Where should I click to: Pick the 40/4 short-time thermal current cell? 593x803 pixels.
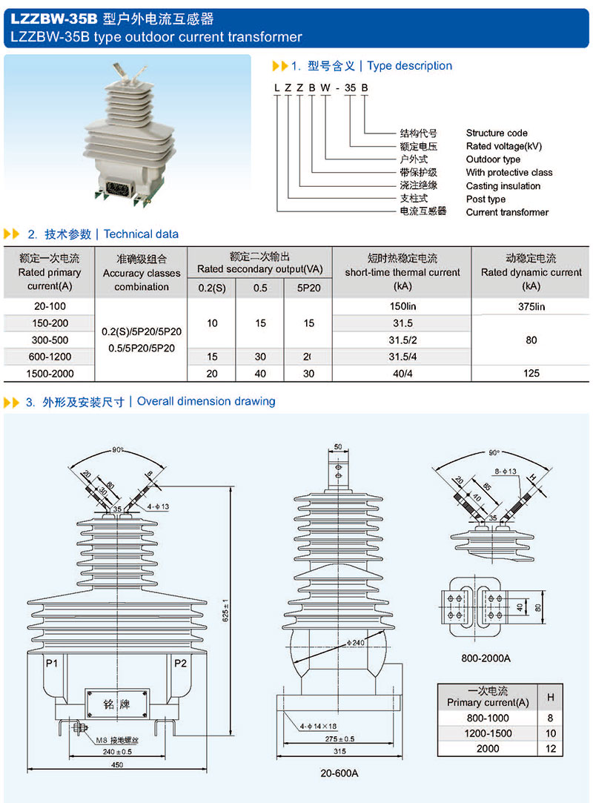pyautogui.click(x=402, y=374)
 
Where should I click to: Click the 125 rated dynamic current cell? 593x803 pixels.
pyautogui.click(x=531, y=374)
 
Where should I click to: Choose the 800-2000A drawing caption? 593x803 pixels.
pyautogui.click(x=486, y=658)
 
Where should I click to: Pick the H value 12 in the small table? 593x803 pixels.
pyautogui.click(x=549, y=749)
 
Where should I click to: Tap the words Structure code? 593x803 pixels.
pyautogui.click(x=497, y=133)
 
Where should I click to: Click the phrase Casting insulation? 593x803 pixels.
pyautogui.click(x=503, y=186)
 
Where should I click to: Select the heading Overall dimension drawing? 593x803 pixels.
pyautogui.click(x=206, y=402)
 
